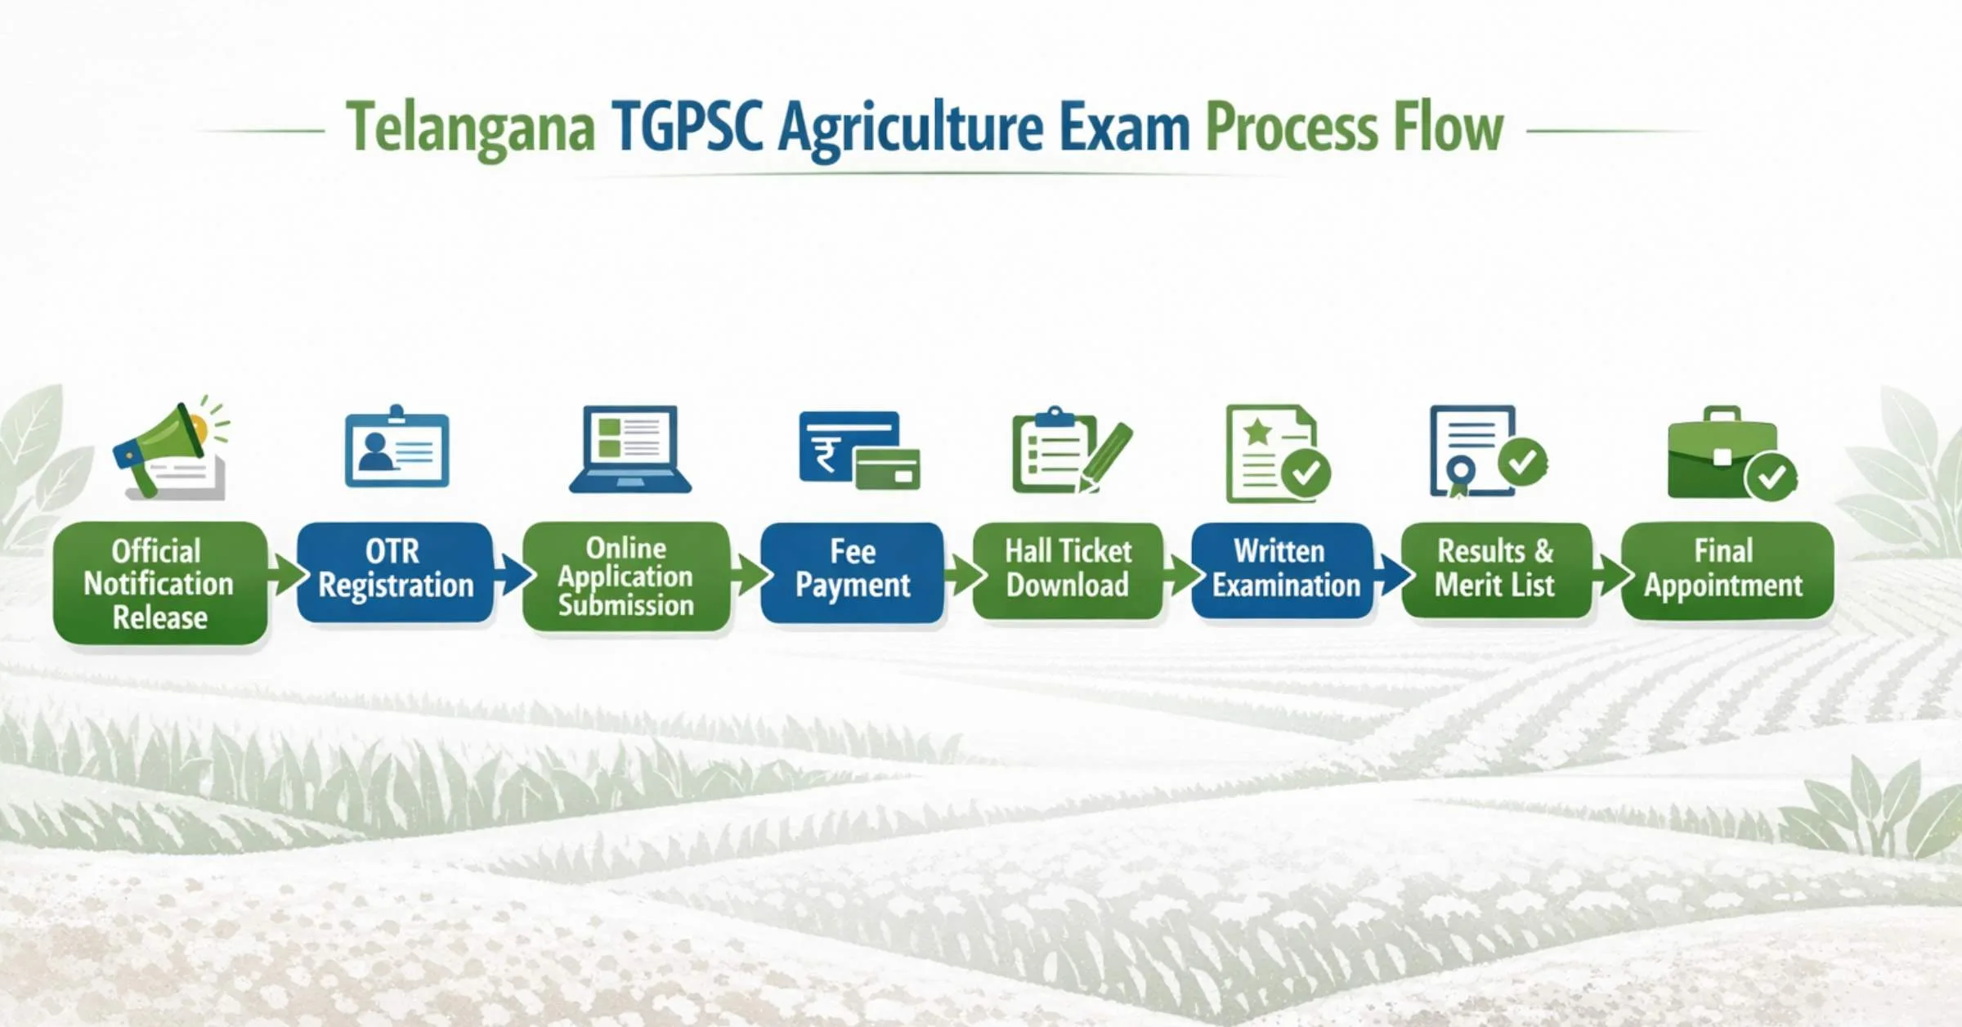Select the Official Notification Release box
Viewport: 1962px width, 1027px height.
(160, 583)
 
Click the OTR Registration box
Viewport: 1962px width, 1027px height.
(396, 572)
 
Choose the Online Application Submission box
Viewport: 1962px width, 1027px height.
(626, 576)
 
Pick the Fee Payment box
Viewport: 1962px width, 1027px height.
(853, 572)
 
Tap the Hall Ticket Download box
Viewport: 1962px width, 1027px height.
(1068, 571)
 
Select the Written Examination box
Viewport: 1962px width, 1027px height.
(1282, 571)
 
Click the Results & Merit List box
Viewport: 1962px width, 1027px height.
(1496, 571)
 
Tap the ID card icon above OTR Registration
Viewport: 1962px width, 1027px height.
(397, 446)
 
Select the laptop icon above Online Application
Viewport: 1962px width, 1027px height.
(630, 449)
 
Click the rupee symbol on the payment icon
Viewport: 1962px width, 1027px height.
(826, 455)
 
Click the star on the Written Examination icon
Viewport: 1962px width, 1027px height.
(1257, 431)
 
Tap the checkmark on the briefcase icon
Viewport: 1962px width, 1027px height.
(1771, 476)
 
